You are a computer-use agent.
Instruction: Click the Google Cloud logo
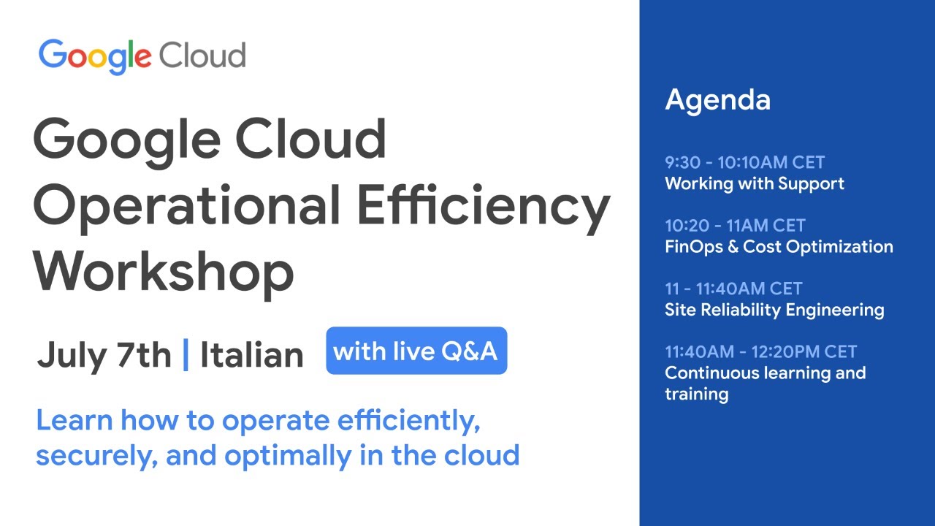pos(142,56)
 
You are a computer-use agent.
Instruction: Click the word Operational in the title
pos(186,205)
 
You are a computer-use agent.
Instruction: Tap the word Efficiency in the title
pos(482,205)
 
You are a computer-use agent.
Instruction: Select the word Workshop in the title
pos(163,271)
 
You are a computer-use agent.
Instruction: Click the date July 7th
pos(104,355)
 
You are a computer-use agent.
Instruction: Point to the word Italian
pos(251,355)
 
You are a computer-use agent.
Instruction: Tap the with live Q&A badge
pos(416,351)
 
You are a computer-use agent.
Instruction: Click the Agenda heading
pos(717,99)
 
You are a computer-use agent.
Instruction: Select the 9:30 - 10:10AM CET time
pos(744,162)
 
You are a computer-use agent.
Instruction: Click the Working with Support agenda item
pos(754,183)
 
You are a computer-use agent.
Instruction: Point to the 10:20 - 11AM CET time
pos(735,226)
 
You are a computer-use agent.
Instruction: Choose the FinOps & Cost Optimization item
pos(779,247)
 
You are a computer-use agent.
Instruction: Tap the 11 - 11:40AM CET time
pos(733,289)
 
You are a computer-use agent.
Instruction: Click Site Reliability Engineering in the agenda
pos(774,310)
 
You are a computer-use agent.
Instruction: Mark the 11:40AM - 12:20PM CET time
pos(760,351)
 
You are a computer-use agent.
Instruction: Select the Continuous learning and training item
pos(765,383)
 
